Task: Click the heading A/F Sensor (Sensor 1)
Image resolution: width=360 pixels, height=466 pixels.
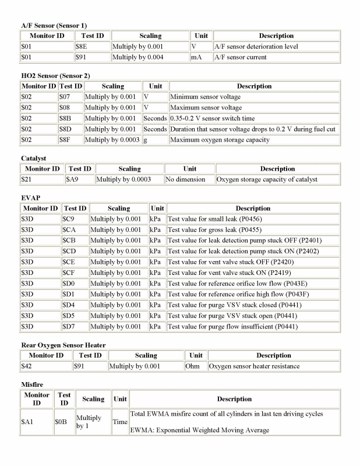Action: [x=54, y=26]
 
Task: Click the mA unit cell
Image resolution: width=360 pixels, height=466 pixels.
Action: [x=196, y=58]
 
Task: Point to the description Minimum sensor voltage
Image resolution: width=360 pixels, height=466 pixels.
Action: [x=205, y=97]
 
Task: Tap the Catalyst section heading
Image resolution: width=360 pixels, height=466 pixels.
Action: [x=33, y=158]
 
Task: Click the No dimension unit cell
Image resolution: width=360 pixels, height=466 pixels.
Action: [x=185, y=179]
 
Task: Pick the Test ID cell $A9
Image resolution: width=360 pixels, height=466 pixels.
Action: [x=72, y=179]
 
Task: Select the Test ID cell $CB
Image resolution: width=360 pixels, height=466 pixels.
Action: [x=69, y=241]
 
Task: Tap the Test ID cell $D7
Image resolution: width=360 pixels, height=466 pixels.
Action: [x=69, y=326]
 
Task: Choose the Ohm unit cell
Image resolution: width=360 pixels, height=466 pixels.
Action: [x=195, y=366]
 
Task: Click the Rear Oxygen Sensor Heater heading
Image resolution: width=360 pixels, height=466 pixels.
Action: [x=63, y=345]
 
